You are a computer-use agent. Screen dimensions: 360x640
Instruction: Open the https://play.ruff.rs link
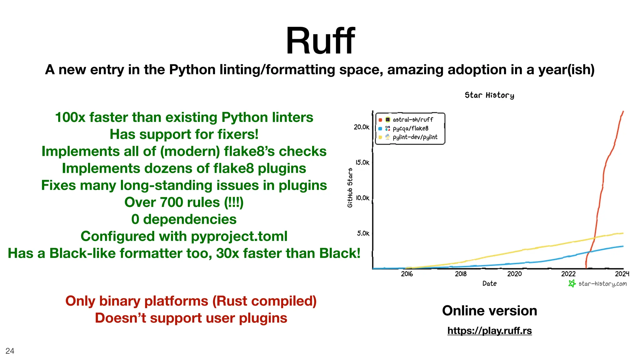[489, 331]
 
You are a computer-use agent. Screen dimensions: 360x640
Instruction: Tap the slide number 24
[10, 351]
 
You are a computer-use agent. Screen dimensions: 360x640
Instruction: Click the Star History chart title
[489, 95]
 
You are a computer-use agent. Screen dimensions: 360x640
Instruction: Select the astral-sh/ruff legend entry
[412, 120]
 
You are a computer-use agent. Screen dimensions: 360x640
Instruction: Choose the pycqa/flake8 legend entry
[410, 128]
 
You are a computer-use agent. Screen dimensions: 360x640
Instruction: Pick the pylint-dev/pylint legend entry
[415, 137]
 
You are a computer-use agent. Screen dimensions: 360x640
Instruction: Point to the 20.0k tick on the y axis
[362, 127]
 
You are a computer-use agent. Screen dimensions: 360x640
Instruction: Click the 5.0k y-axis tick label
[363, 233]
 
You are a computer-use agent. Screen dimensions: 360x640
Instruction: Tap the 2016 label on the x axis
[407, 274]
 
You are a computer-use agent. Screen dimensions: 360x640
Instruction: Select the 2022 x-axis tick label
[568, 274]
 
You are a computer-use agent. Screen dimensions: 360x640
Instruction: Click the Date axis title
[489, 283]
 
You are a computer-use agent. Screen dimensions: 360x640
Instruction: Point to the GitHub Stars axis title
[350, 187]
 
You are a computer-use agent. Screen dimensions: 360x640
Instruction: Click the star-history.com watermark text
[602, 284]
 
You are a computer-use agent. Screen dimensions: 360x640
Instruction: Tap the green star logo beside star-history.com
[572, 283]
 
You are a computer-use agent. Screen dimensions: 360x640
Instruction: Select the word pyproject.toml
[239, 237]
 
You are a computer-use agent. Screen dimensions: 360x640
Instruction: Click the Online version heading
[489, 311]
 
